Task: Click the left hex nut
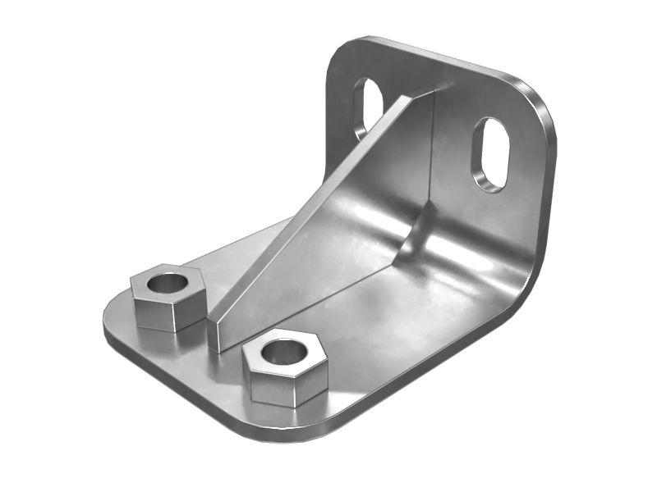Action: [x=167, y=299]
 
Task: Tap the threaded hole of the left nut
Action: [x=168, y=284]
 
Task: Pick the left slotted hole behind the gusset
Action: [x=367, y=107]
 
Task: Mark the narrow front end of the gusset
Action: [x=214, y=334]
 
